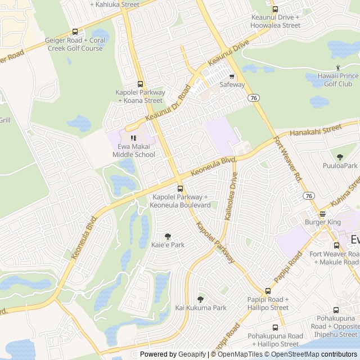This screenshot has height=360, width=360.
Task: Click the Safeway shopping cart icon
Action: pos(232,76)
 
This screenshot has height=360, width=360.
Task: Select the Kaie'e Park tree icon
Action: pos(167,236)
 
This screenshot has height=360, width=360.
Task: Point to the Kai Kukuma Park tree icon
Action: pos(200,299)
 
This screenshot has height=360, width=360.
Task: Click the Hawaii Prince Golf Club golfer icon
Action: pos(338,67)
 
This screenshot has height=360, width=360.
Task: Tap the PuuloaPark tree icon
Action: pos(340,157)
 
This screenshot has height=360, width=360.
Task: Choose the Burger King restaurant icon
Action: pos(322,214)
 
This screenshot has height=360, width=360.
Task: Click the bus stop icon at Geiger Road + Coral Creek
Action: pos(75,32)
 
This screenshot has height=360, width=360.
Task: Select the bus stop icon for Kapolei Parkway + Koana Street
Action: pos(140,84)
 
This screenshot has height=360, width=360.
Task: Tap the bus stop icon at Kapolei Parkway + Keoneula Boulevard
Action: pos(180,188)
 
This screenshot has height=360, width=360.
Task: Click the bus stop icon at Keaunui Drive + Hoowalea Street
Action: pos(275,9)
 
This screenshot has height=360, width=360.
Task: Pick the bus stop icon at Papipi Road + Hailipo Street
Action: pos(268,291)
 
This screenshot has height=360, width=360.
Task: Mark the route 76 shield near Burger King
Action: pos(308,195)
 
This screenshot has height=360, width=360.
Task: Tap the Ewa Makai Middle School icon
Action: pos(133,138)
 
